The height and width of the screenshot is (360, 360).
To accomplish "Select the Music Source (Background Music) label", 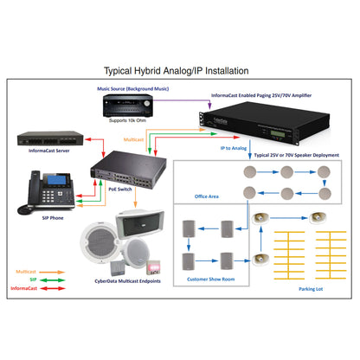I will click(x=138, y=88).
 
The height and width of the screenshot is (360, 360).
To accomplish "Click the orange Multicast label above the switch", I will click(x=136, y=138).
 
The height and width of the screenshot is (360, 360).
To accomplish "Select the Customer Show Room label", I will click(x=211, y=279).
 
